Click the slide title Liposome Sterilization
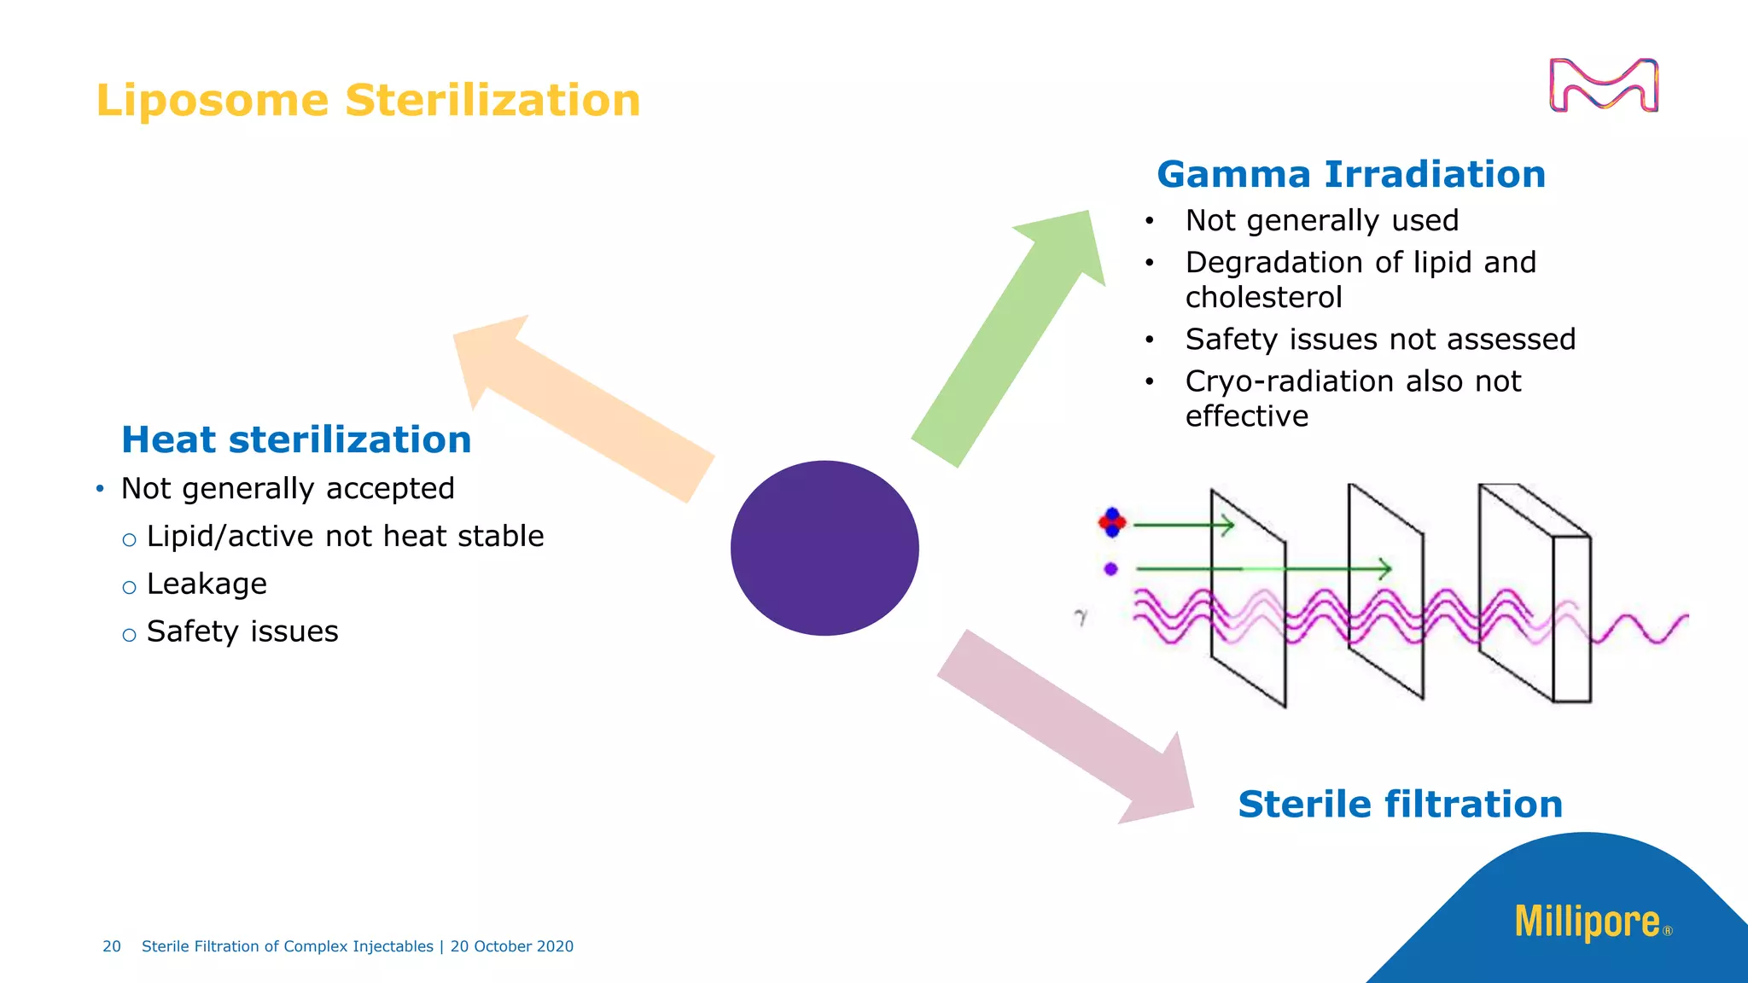[368, 101]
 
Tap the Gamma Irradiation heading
[1350, 175]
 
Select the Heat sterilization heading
[296, 440]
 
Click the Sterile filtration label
[1400, 805]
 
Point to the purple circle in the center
[824, 548]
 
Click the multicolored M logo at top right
[1603, 85]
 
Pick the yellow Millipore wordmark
[1587, 922]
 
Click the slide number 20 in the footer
[112, 946]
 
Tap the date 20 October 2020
[511, 946]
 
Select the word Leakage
[207, 585]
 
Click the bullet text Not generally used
[1321, 221]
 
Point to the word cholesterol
[1263, 298]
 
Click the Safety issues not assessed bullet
[1379, 340]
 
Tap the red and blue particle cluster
[1112, 522]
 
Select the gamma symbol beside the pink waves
[1081, 617]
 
